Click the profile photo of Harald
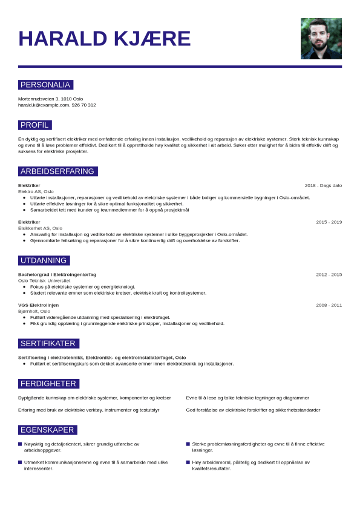[x=321, y=39]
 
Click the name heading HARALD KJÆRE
[x=105, y=39]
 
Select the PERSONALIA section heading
[x=45, y=85]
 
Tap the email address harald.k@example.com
[x=44, y=105]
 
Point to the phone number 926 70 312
[x=84, y=105]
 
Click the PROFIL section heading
[x=34, y=125]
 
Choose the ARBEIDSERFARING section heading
[x=57, y=171]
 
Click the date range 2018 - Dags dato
[x=323, y=185]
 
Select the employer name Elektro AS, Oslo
[x=36, y=191]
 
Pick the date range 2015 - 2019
[x=329, y=222]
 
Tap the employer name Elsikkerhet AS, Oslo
[x=40, y=228]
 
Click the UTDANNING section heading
[x=44, y=261]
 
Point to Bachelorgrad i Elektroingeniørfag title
[x=57, y=275]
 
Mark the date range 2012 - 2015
[x=329, y=275]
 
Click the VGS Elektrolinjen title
[x=39, y=305]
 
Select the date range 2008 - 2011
[x=329, y=305]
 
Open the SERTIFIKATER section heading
[x=48, y=344]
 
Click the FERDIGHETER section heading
[x=48, y=384]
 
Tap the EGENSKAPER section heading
[x=47, y=430]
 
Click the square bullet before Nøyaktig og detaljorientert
[x=20, y=444]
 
